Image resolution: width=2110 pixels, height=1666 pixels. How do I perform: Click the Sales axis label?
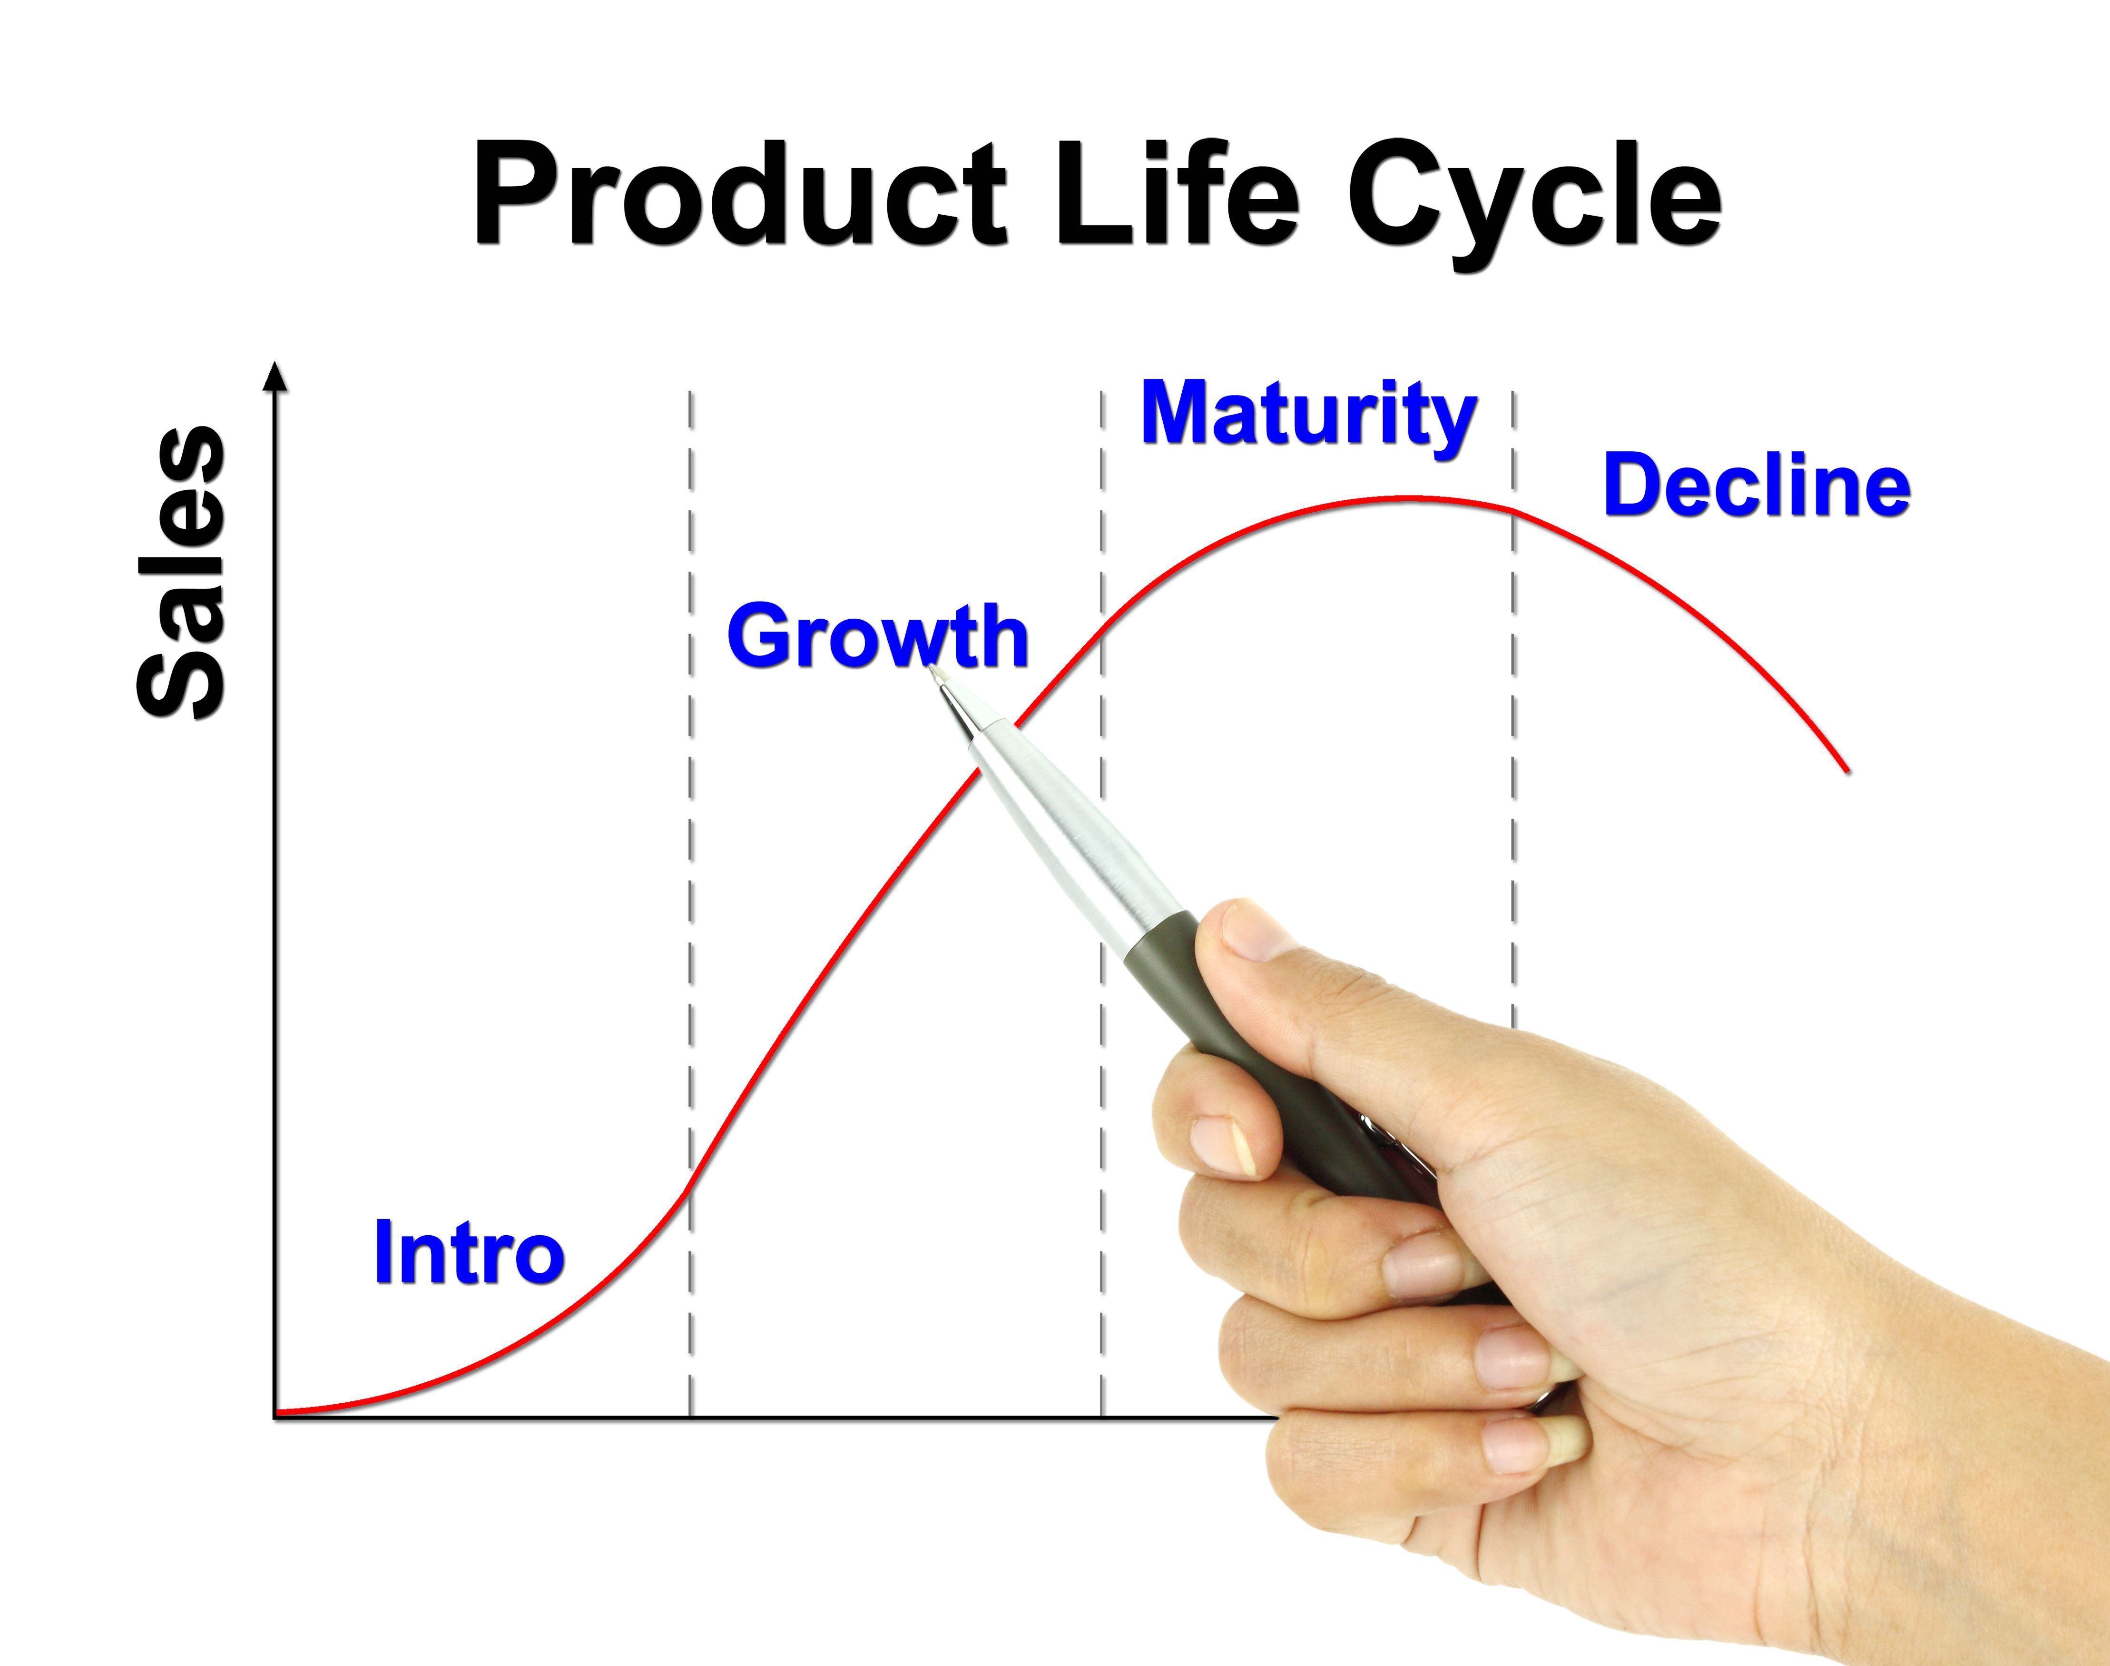180,574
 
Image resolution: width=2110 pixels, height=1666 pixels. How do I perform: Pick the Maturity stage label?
1308,417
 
